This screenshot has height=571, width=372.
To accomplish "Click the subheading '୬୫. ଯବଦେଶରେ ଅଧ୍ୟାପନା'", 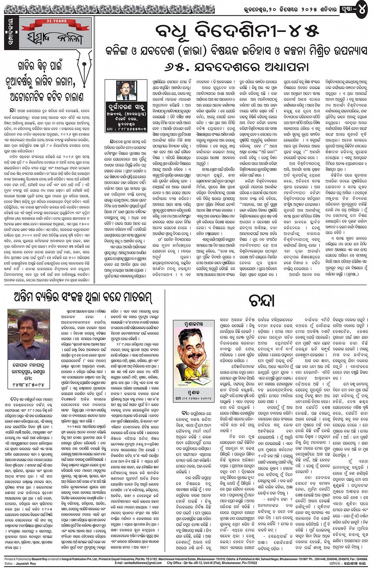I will click(x=231, y=66).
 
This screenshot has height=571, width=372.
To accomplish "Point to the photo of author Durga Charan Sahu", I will click(x=126, y=91).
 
